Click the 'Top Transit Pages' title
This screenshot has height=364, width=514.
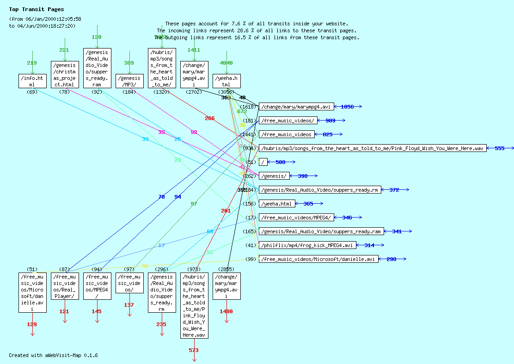pos(37,9)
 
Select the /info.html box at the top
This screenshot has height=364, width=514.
pos(32,81)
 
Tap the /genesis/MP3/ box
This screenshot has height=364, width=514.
pos(129,81)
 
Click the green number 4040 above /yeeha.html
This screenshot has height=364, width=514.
pos(226,63)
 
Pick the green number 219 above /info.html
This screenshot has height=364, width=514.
pos(32,63)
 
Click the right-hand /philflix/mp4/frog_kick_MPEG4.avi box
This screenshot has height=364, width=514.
pos(307,245)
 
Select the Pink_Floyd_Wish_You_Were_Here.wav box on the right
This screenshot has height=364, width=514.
pos(373,148)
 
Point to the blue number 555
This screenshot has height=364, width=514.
pos(500,148)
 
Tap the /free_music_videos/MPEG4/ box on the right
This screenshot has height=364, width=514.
pos(296,218)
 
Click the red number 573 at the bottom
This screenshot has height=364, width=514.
pos(194,350)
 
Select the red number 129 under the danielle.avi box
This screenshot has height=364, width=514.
pos(32,324)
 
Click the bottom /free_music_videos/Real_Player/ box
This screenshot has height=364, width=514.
pos(65,286)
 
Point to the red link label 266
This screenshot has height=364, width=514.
pos(210,118)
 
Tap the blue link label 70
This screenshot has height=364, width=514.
pos(161,197)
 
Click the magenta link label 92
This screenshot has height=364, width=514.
pos(194,133)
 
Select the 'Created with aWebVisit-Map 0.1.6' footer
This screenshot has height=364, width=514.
pos(53,355)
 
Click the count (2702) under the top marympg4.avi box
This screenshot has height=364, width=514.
pos(194,92)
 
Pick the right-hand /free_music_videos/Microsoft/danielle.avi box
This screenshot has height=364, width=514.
pos(318,259)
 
